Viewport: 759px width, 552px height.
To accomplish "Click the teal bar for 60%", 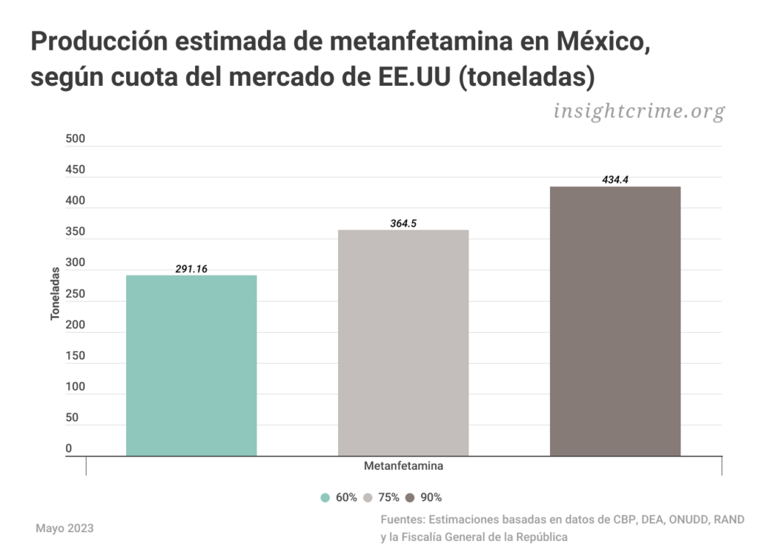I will click(191, 365).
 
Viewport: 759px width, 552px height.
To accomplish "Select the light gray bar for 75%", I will click(403, 342).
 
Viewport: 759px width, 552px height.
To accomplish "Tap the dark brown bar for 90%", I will click(615, 321).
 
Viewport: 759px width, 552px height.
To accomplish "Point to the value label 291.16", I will click(191, 269).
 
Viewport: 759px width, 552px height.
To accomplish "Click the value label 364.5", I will click(403, 223).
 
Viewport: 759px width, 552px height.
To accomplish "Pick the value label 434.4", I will click(615, 179).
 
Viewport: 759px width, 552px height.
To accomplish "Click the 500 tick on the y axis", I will click(76, 139).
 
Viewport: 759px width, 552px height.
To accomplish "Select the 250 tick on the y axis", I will click(76, 294).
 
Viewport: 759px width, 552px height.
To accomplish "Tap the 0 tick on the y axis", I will click(69, 448).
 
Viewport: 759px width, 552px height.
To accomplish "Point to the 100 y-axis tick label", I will click(76, 387).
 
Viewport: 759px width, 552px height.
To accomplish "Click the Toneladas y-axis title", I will click(55, 294).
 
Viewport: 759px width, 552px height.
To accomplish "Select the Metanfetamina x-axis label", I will click(404, 467).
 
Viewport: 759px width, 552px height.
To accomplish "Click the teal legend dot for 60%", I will click(325, 498).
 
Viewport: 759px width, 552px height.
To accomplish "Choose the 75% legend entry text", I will click(389, 498).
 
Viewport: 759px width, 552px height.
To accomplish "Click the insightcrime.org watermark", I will click(638, 111).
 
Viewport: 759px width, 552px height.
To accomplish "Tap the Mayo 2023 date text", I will click(64, 528).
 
